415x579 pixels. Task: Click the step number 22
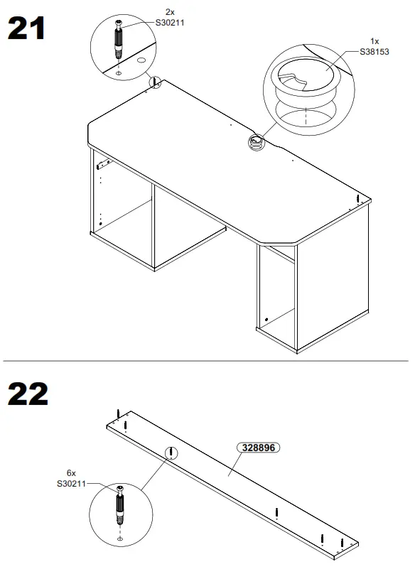pyautogui.click(x=28, y=394)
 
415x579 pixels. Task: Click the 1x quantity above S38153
pyautogui.click(x=374, y=41)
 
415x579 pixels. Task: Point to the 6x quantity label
pyautogui.click(x=71, y=473)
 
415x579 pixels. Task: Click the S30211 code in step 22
pyautogui.click(x=71, y=484)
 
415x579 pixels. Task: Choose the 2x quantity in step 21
pyautogui.click(x=170, y=12)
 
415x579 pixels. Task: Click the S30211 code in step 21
pyautogui.click(x=170, y=22)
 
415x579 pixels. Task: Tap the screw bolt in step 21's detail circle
pyautogui.click(x=118, y=42)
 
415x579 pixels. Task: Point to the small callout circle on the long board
pyautogui.click(x=171, y=453)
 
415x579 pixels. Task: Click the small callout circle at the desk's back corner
pyautogui.click(x=155, y=83)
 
